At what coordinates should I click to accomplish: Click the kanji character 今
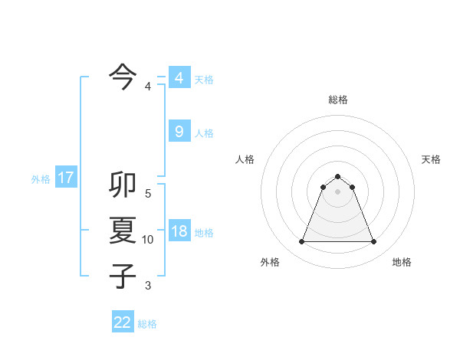[x=123, y=76]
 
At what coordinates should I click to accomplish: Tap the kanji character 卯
[x=123, y=186]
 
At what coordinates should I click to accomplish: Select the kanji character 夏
[x=123, y=231]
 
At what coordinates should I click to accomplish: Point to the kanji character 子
[x=123, y=275]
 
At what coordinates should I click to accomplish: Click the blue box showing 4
[x=179, y=77]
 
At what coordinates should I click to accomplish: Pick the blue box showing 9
[x=179, y=131]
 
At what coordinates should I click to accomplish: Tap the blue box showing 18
[x=179, y=231]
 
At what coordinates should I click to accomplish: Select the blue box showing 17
[x=66, y=178]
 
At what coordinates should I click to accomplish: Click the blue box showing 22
[x=123, y=322]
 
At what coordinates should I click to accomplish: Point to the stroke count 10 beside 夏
[x=148, y=240]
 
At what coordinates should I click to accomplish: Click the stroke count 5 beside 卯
[x=148, y=194]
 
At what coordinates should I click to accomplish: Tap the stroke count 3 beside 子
[x=148, y=286]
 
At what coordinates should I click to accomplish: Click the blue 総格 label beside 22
[x=147, y=324]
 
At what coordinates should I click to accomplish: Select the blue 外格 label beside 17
[x=41, y=179]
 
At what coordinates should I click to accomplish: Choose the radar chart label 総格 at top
[x=337, y=100]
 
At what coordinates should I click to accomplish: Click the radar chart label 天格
[x=431, y=159]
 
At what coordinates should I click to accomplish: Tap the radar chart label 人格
[x=245, y=159]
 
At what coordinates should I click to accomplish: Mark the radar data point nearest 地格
[x=373, y=242]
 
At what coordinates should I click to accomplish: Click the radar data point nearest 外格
[x=301, y=242]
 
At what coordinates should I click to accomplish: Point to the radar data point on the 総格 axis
[x=337, y=177]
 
